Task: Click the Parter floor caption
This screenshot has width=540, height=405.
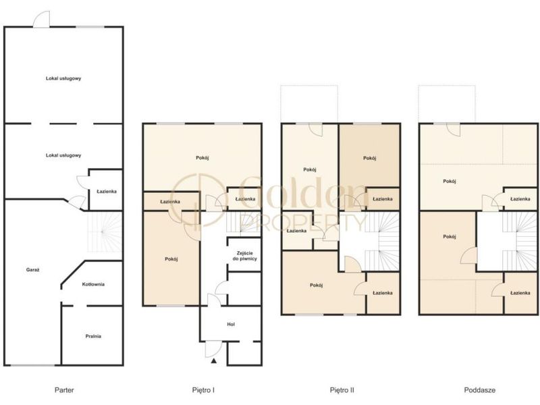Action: (x=64, y=390)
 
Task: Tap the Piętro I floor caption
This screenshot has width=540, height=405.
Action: (x=203, y=390)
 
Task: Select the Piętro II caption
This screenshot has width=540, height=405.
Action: (x=342, y=390)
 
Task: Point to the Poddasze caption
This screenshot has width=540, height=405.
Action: (x=480, y=390)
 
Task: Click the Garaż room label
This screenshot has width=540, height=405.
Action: (x=32, y=270)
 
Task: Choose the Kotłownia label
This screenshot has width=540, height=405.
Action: (x=93, y=284)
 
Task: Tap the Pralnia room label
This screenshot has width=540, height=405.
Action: (x=93, y=336)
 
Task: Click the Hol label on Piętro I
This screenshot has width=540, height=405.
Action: (x=231, y=325)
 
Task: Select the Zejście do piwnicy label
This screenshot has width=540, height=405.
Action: (x=245, y=256)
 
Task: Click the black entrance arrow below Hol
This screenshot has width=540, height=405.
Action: (x=214, y=361)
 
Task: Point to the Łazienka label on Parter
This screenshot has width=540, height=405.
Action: (x=107, y=192)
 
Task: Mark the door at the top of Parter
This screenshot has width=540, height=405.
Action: (x=42, y=20)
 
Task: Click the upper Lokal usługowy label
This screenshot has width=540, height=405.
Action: (x=63, y=78)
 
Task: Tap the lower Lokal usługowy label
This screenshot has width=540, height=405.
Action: (x=63, y=156)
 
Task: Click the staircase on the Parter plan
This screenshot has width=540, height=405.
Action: (x=105, y=232)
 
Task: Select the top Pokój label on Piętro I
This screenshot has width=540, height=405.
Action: (x=202, y=158)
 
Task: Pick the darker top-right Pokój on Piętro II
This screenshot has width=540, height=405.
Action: (x=369, y=159)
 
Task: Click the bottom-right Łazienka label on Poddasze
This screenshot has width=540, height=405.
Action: (x=520, y=293)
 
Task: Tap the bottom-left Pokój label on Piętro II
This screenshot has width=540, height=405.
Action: (x=316, y=286)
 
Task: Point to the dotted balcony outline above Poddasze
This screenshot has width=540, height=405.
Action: (x=447, y=86)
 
